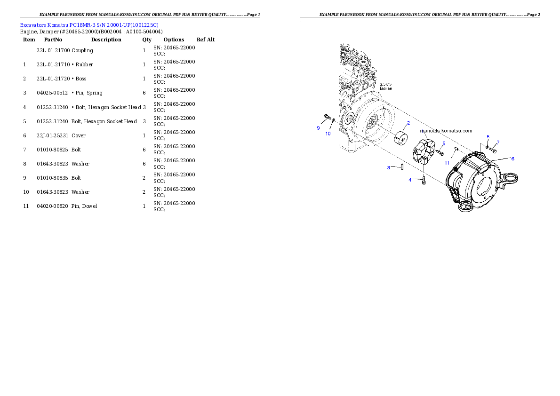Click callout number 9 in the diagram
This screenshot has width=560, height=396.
(x=318, y=128)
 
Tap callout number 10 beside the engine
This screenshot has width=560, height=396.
(x=328, y=134)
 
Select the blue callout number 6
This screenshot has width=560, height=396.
(x=512, y=158)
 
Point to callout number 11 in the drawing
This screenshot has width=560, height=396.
(x=447, y=163)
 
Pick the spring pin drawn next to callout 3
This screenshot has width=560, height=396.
(x=402, y=167)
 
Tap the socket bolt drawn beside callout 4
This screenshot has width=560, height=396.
(x=424, y=180)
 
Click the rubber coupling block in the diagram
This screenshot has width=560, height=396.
(x=424, y=151)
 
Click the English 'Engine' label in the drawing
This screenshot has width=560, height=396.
(x=386, y=88)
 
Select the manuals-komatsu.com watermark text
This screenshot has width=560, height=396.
(x=446, y=131)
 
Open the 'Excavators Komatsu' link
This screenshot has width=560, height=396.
(x=44, y=25)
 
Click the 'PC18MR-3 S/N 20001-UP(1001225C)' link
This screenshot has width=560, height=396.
(x=114, y=25)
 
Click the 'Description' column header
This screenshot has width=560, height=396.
(x=106, y=40)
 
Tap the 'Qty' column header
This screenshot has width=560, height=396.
(x=147, y=40)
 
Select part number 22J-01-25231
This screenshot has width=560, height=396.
(x=53, y=136)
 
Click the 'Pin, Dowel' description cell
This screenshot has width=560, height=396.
(x=84, y=206)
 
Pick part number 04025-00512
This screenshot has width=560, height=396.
(x=52, y=93)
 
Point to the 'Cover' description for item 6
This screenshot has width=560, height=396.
(x=79, y=136)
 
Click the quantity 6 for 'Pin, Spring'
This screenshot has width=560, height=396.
(x=144, y=93)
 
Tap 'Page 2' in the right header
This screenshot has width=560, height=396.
(x=534, y=15)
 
